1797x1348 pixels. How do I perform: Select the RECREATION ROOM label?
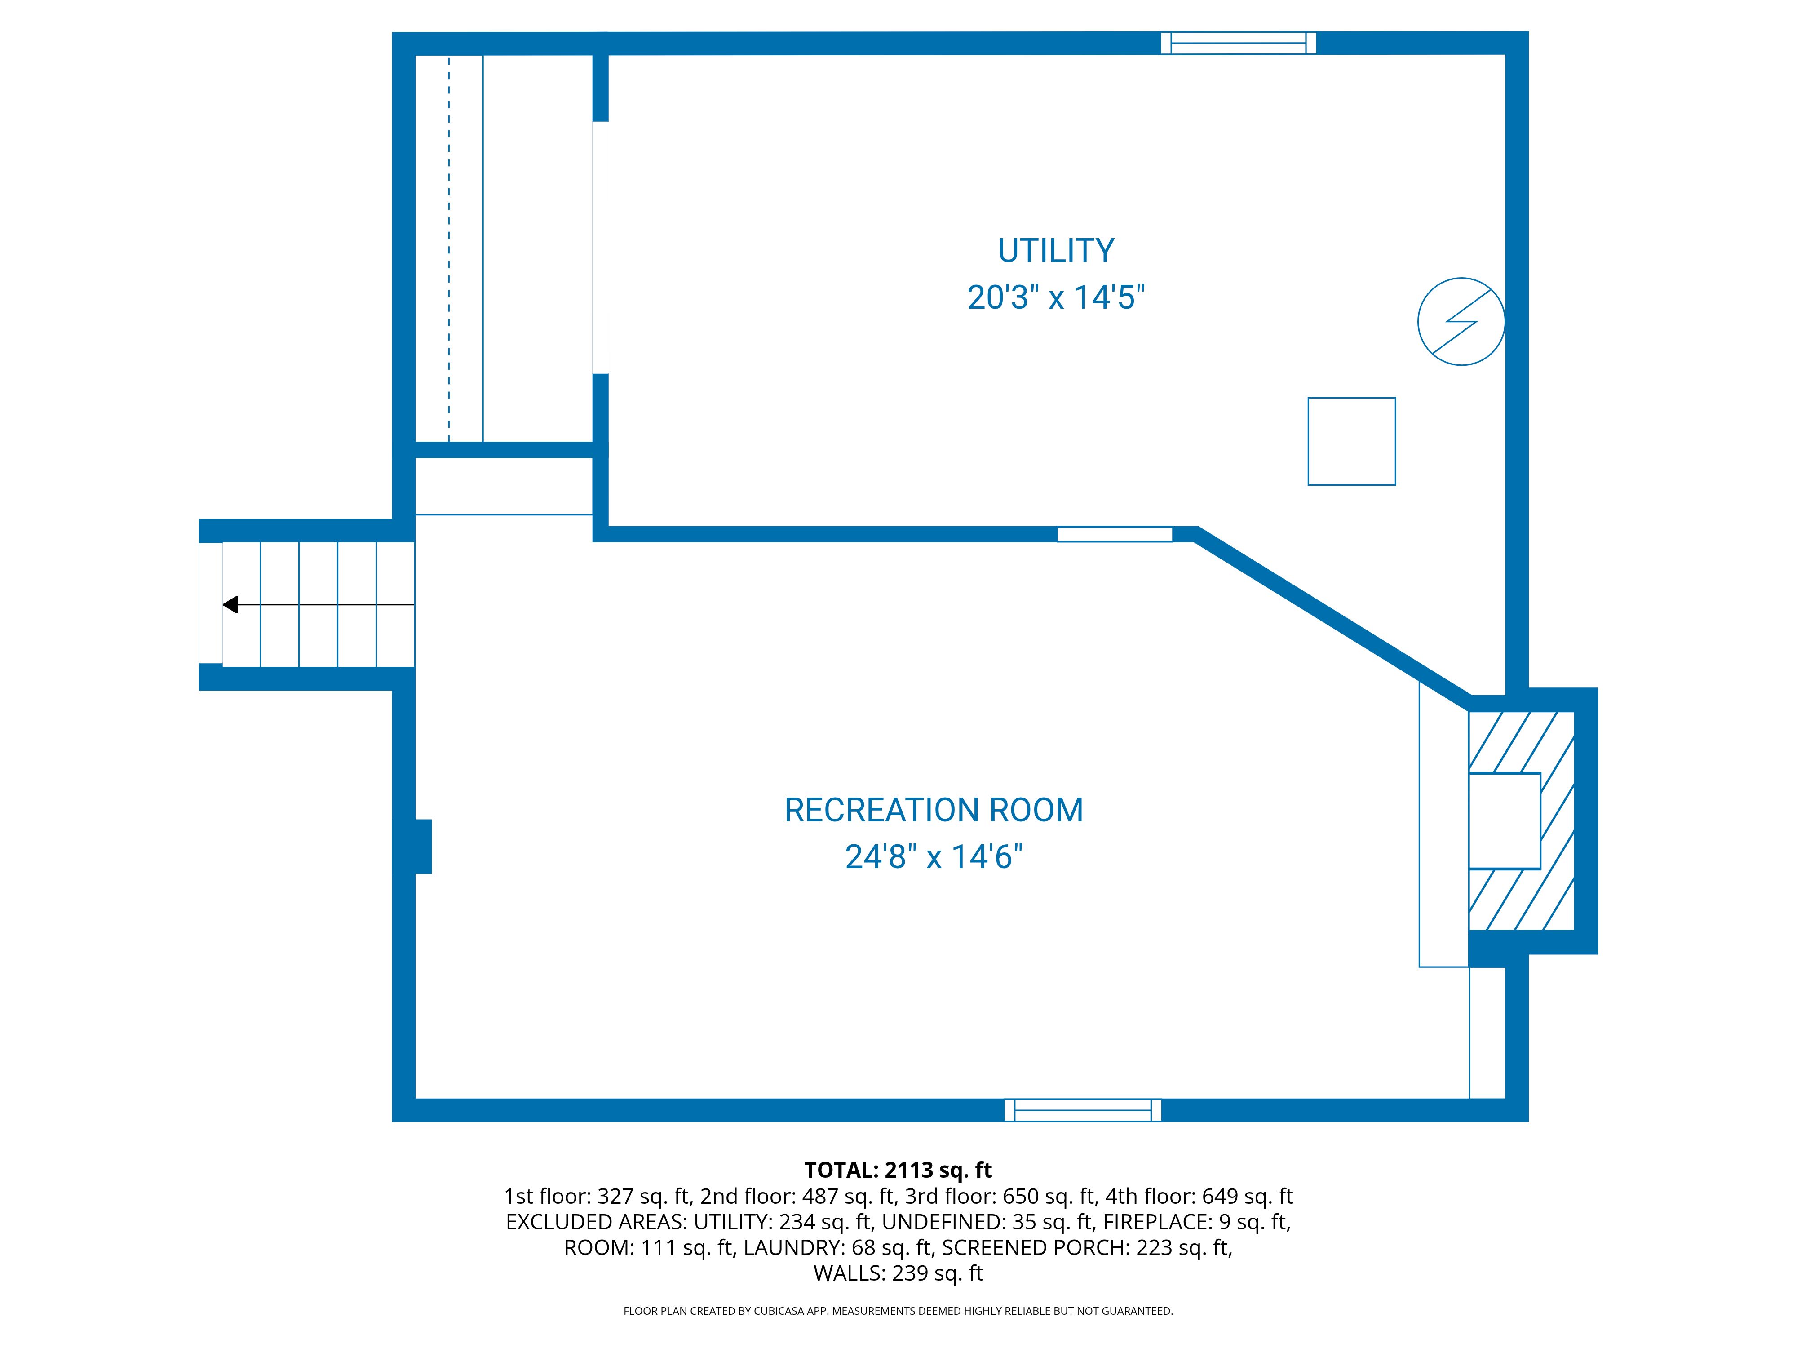tap(934, 810)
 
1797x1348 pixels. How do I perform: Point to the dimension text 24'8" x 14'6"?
tap(934, 856)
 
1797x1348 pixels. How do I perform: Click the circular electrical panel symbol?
tap(1461, 322)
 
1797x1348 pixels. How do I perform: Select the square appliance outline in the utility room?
tap(1351, 441)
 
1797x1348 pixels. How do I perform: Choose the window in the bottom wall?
tap(1082, 1110)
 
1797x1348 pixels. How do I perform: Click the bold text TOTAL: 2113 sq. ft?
tap(898, 1170)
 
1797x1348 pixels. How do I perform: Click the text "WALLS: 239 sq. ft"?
tap(898, 1273)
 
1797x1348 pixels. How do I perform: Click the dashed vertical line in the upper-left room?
tap(448, 244)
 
